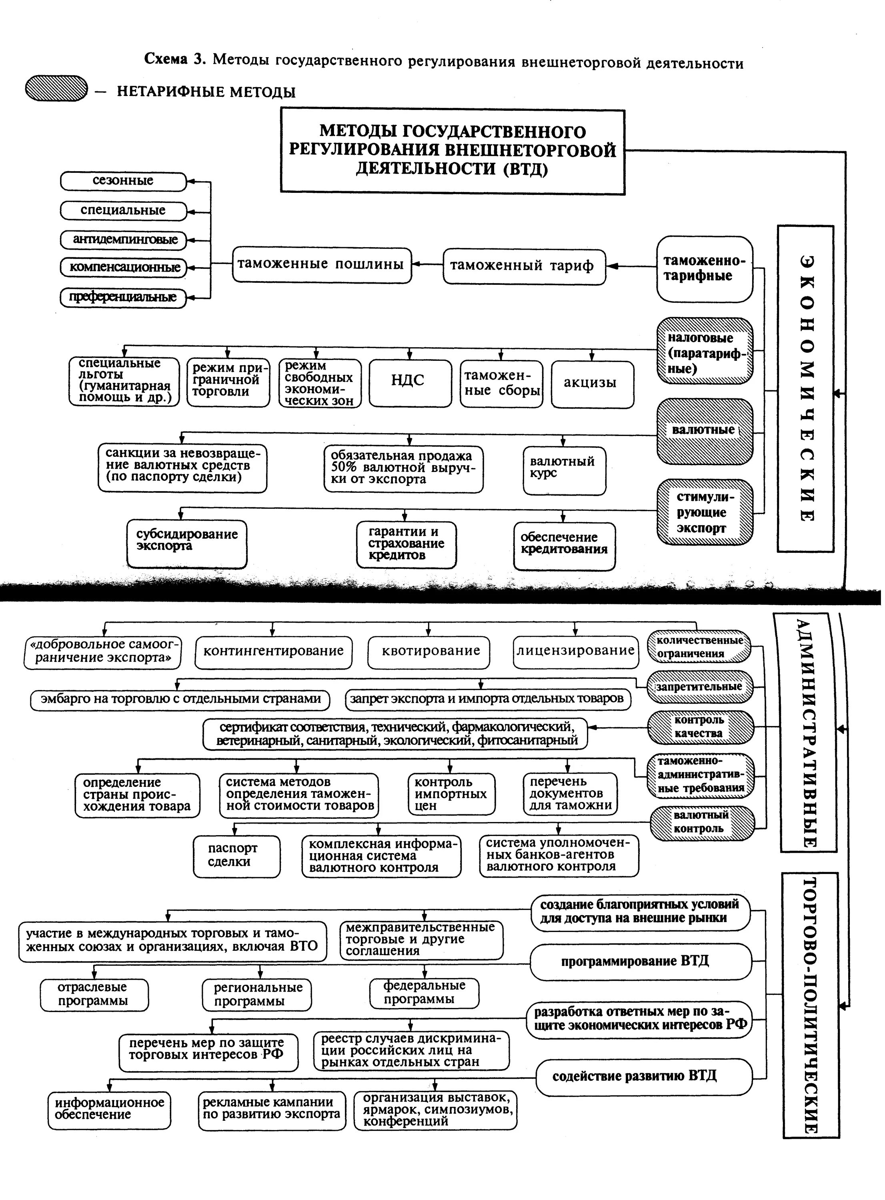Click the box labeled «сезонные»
123,181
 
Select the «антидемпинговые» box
123,239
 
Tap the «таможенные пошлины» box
321,264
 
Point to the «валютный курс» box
564,470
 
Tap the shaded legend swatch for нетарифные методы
56,88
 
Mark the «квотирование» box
428,652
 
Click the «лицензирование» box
575,652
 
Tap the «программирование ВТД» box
640,962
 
